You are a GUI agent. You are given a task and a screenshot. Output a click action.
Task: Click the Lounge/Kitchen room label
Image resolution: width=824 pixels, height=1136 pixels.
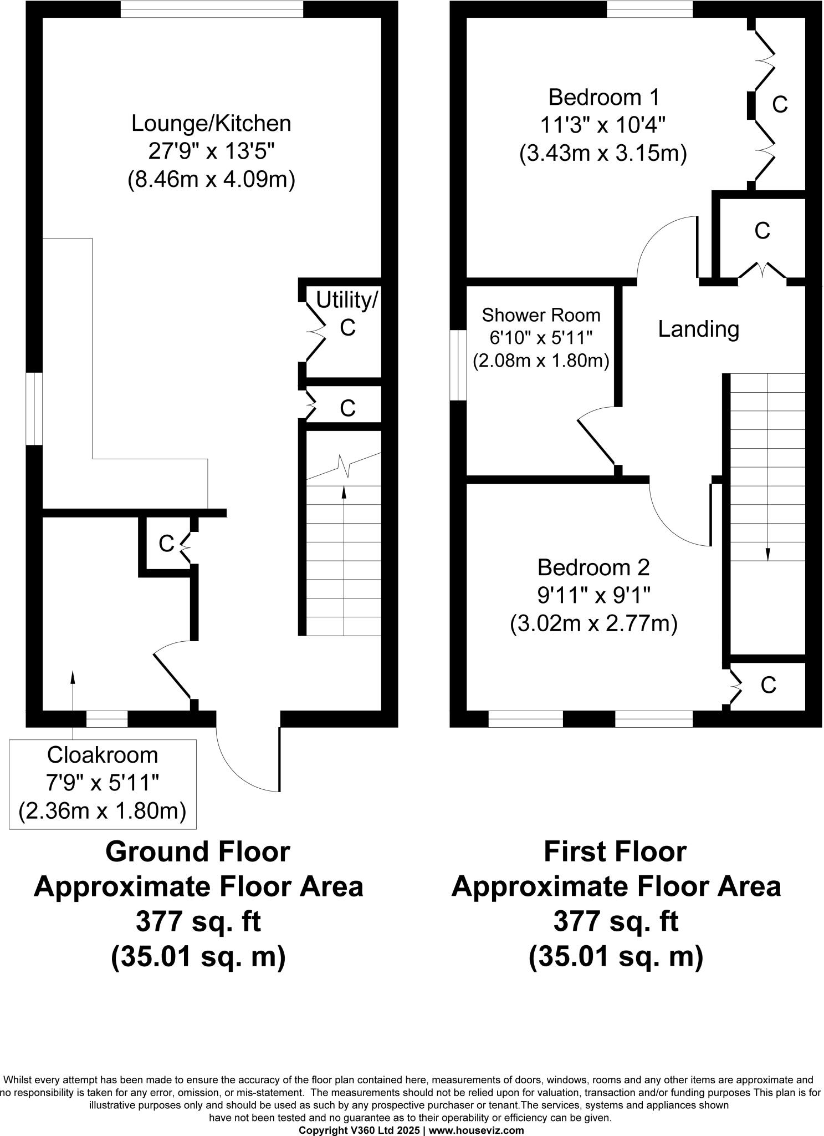point(211,123)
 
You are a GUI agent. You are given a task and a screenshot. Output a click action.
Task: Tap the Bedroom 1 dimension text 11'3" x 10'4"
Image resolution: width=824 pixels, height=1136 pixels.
point(603,125)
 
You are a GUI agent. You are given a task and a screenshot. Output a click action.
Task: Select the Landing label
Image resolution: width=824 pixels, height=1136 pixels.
point(698,329)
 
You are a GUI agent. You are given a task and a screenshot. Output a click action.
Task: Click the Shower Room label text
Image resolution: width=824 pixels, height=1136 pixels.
point(541,315)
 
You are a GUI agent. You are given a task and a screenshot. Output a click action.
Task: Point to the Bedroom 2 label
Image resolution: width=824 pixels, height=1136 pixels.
point(593,567)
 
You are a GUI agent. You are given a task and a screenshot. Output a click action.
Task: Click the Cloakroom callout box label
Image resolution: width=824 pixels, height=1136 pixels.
point(103,755)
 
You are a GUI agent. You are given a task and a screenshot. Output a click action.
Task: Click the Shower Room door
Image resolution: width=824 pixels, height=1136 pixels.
point(596,442)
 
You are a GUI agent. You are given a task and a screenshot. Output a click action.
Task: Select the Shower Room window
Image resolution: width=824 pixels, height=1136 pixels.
point(458,365)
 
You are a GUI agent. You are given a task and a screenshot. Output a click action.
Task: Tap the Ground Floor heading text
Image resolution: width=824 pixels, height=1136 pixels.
point(198,852)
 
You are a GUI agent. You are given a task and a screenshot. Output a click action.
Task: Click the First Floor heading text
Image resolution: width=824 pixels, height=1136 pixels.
point(615,852)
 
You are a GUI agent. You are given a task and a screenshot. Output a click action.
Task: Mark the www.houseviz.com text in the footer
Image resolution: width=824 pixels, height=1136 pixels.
point(477,1130)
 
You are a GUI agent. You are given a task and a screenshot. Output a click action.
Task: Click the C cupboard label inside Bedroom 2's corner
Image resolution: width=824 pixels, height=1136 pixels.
point(768,686)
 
